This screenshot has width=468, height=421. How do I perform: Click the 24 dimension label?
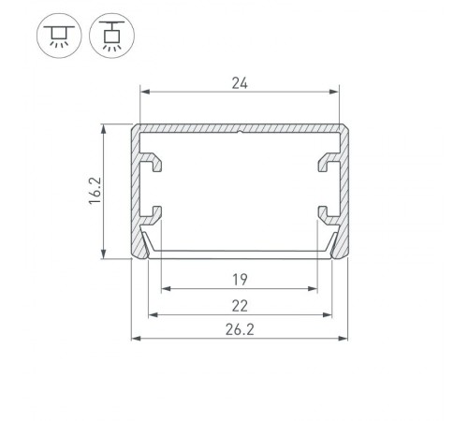point(240,82)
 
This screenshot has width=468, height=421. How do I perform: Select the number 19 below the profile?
point(240,279)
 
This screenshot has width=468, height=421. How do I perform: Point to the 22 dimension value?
point(240,305)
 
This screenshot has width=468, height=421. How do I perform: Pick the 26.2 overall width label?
point(240,329)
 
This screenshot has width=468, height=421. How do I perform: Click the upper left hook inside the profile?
point(154,163)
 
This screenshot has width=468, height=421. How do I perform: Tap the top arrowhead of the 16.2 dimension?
point(103,128)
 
